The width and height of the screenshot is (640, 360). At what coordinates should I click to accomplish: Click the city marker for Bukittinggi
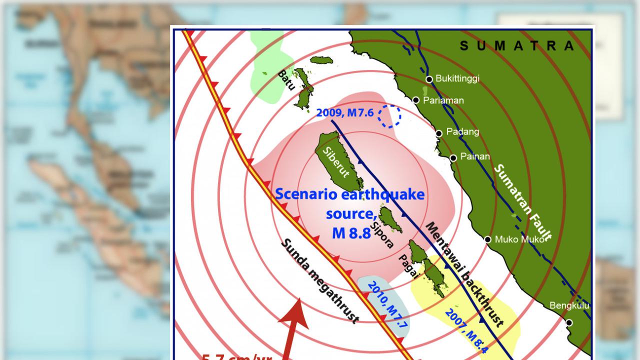[429, 79]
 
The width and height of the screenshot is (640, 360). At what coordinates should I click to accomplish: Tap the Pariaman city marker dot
[416, 100]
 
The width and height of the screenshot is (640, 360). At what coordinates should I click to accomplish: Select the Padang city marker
[438, 133]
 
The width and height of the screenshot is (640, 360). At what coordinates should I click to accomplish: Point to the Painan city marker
[453, 158]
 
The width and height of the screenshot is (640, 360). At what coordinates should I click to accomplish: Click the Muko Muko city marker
[488, 239]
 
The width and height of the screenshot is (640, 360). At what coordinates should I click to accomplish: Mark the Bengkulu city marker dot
[569, 322]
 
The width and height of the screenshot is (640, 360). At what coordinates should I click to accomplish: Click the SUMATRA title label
[517, 46]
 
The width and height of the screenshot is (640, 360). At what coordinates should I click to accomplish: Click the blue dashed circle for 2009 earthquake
[389, 116]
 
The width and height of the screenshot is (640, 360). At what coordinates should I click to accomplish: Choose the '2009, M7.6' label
[345, 113]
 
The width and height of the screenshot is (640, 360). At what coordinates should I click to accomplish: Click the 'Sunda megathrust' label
[320, 280]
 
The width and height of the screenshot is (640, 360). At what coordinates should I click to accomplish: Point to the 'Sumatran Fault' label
[522, 202]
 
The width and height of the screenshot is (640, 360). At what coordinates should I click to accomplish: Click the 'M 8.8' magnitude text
[351, 233]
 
